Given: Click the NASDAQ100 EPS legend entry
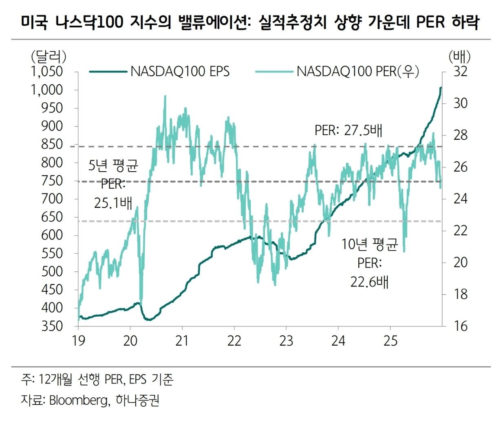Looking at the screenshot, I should point(179,72).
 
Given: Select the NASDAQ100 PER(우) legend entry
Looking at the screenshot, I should point(357,72).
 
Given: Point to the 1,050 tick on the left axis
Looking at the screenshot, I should point(47,72).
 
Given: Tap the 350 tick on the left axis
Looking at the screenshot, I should point(52,326).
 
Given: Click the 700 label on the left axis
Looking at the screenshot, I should point(52,199).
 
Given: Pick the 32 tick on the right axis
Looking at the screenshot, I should point(460,72).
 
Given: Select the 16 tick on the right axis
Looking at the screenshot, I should point(460,326).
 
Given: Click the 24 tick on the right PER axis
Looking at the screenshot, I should point(460,199).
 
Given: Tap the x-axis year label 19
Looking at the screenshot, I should point(78,340).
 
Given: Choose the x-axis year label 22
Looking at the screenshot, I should point(234,340).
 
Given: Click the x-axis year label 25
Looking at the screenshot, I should point(390,340).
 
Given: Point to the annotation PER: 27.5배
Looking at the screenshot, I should point(349,130).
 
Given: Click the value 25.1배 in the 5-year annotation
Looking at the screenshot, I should point(113,202).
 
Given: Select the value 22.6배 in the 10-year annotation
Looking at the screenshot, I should point(369,281).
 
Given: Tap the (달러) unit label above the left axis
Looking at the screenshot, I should point(48,56).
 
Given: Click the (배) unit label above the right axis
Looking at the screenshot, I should point(459,56).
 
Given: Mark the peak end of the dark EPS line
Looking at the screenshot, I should point(441,88).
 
